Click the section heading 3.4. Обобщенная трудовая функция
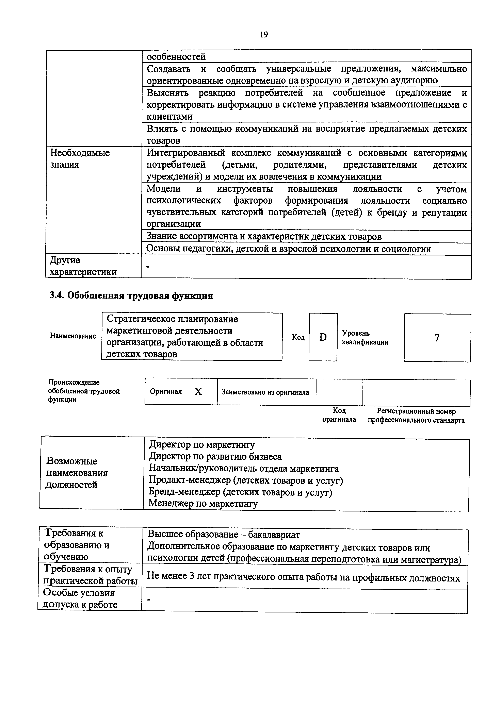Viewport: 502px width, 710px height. tap(131, 296)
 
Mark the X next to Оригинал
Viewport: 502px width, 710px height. tap(198, 392)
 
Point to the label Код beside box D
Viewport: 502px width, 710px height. tap(298, 337)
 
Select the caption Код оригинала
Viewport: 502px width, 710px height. tap(339, 415)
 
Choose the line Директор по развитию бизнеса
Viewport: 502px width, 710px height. tap(215, 457)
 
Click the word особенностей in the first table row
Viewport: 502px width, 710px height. tap(176, 57)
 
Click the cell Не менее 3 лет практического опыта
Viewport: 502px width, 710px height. tap(303, 577)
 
